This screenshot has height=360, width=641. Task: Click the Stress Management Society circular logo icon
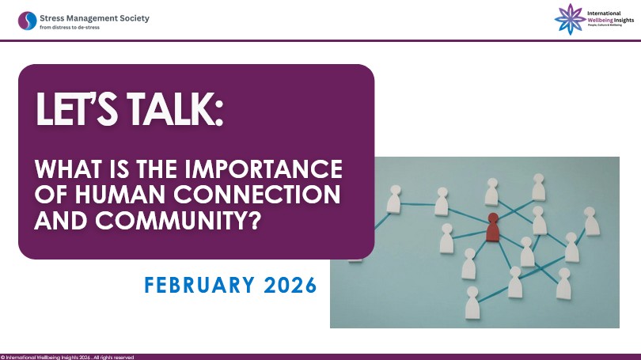coord(28,21)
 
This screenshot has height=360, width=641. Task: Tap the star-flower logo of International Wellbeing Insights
coord(570,19)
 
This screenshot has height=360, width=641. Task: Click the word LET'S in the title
coord(77,108)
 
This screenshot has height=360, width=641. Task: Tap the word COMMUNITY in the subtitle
coord(171,221)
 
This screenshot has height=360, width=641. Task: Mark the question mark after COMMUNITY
coord(254,221)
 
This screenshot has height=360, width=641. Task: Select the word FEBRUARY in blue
coord(199,285)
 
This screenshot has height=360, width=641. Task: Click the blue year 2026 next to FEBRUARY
coord(290,285)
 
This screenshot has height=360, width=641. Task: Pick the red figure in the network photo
coord(492,227)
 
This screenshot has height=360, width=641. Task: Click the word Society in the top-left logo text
coord(135,18)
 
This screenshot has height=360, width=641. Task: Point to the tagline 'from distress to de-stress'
coord(70,28)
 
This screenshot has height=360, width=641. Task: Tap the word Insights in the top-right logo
coord(624,20)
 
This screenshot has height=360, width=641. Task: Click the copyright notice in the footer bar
coord(67,357)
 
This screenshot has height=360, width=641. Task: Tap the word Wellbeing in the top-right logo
coord(600,20)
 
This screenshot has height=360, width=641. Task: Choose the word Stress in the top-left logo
coord(51,18)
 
